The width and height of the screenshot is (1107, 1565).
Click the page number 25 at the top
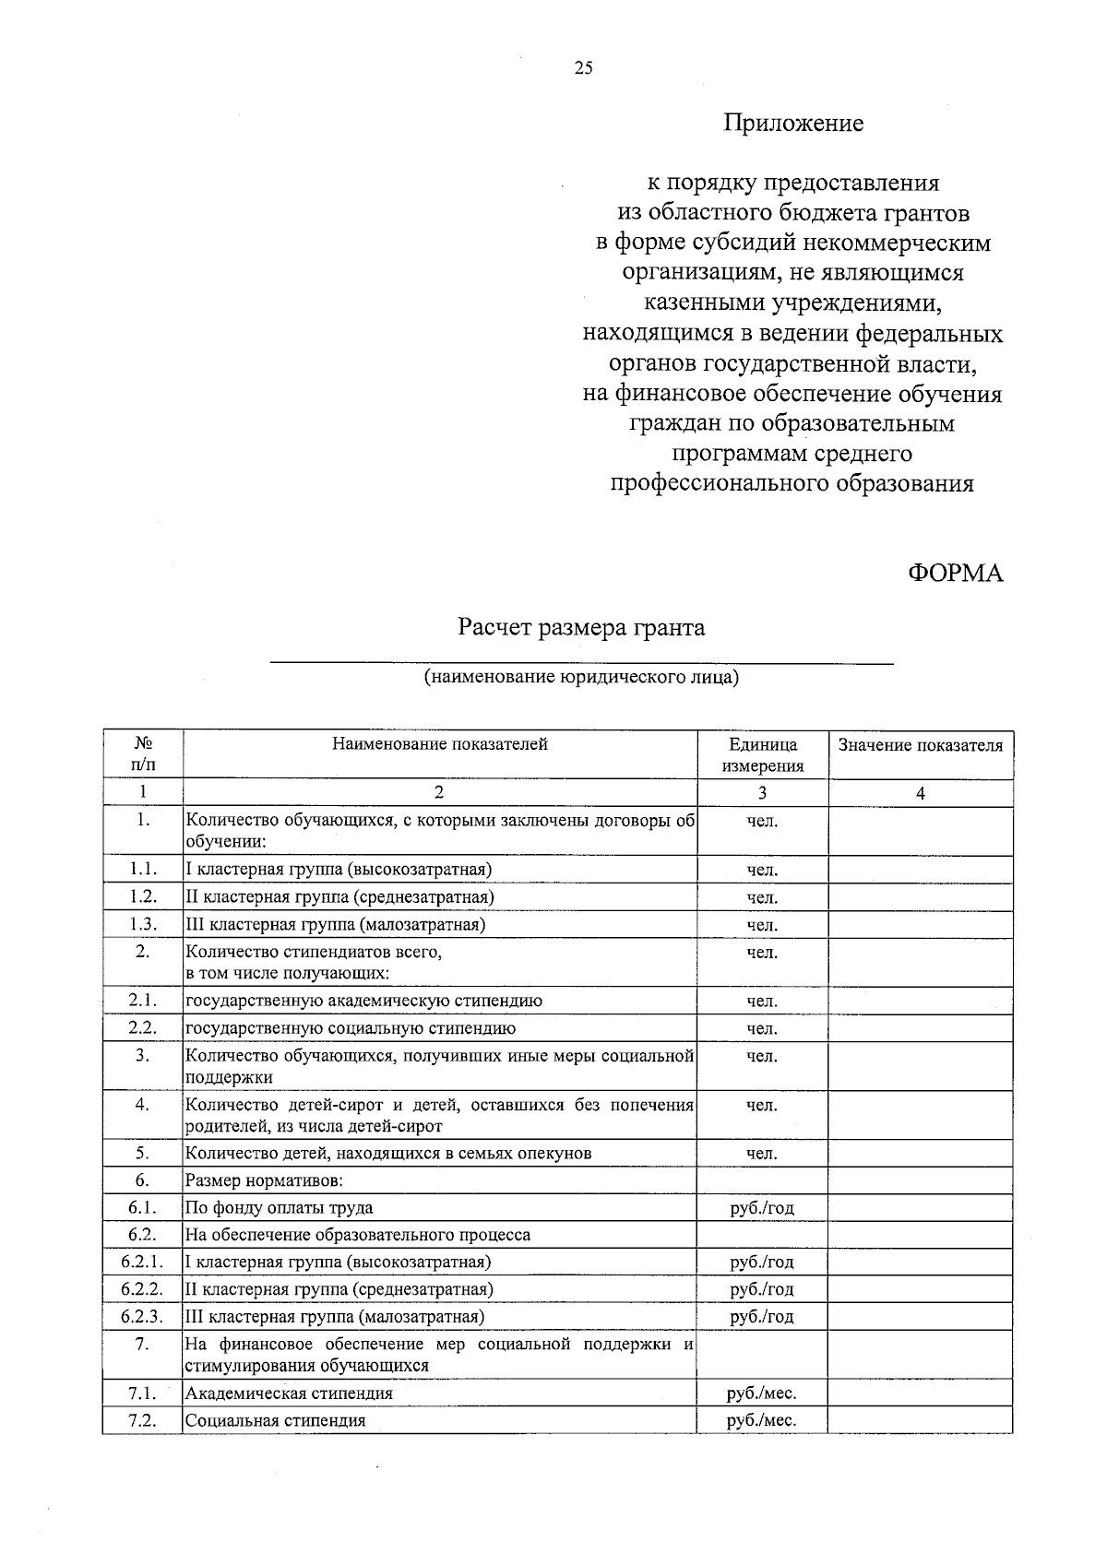pyautogui.click(x=583, y=67)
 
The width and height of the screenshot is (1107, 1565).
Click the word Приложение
pyautogui.click(x=792, y=123)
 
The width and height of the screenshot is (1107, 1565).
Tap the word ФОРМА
pyautogui.click(x=955, y=573)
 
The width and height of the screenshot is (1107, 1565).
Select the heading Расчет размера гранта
pyautogui.click(x=581, y=628)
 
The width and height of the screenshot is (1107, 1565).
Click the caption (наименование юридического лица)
pyautogui.click(x=581, y=678)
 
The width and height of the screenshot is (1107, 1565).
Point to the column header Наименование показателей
pyautogui.click(x=440, y=744)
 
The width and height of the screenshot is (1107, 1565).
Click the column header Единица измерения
pyautogui.click(x=762, y=754)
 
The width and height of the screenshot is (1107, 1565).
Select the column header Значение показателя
pyautogui.click(x=920, y=745)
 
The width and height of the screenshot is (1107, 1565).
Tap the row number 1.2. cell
pyautogui.click(x=143, y=896)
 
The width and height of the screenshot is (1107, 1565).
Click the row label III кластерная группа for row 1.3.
pyautogui.click(x=336, y=924)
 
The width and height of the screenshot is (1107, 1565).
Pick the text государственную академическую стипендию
pyautogui.click(x=363, y=1001)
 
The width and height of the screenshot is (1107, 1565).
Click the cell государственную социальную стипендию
pyautogui.click(x=351, y=1028)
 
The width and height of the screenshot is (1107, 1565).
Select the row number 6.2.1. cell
pyautogui.click(x=142, y=1262)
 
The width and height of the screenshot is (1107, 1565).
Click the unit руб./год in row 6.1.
pyautogui.click(x=761, y=1207)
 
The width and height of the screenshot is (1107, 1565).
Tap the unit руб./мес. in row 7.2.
pyautogui.click(x=761, y=1420)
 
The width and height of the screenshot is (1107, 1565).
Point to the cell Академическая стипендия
pyautogui.click(x=289, y=1393)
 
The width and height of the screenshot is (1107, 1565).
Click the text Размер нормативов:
pyautogui.click(x=265, y=1180)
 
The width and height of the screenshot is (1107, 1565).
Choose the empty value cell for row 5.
pyautogui.click(x=920, y=1153)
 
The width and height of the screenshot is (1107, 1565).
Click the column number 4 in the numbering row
pyautogui.click(x=920, y=793)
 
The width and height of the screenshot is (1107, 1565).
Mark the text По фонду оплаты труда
pyautogui.click(x=280, y=1207)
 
